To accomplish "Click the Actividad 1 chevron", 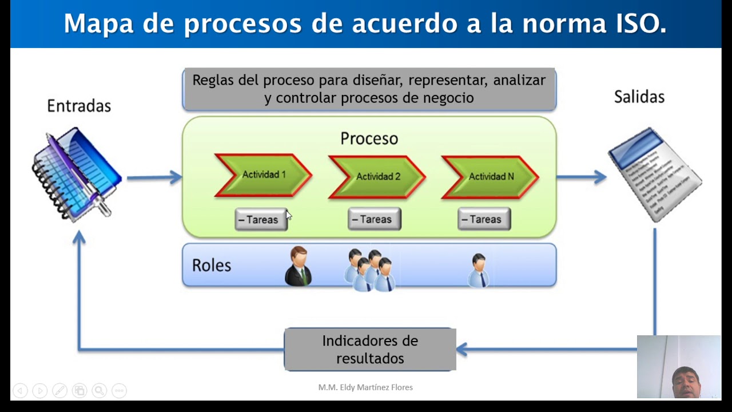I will tap(263, 175).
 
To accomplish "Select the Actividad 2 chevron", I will tap(377, 177).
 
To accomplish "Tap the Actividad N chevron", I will tap(490, 177).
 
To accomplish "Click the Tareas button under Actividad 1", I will tap(261, 220).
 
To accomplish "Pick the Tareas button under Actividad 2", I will tap(374, 219).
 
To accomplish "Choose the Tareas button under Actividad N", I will tap(484, 219).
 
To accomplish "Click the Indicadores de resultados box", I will tap(370, 349).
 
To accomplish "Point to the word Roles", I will tap(212, 266).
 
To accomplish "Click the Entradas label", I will tap(79, 106).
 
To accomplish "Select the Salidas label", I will tap(639, 97).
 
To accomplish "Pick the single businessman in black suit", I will tap(298, 267).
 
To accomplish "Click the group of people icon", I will tap(370, 270).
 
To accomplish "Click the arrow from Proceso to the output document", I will tap(580, 177).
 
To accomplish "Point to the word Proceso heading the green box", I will tap(369, 138).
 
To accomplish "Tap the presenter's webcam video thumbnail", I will tap(679, 366).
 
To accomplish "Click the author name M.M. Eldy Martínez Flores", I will tap(365, 387).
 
